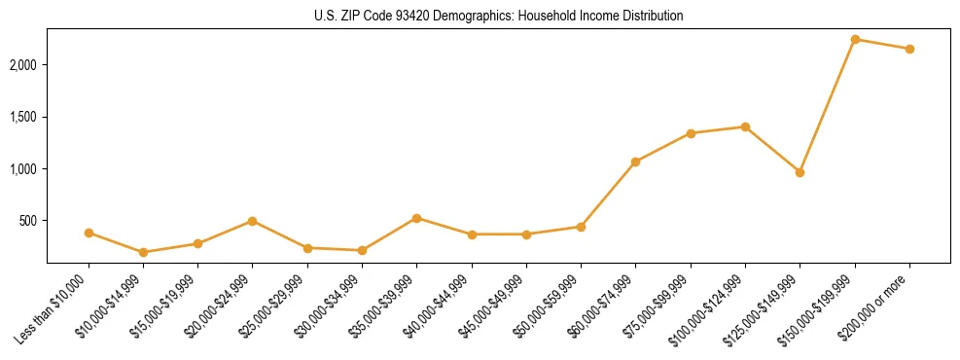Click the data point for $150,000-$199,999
coord(855,39)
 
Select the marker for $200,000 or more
coord(909,49)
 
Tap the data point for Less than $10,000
coord(89,233)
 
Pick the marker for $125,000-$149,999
coord(800,172)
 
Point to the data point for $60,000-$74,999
coord(635,162)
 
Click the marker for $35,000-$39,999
coord(416,218)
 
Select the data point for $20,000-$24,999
coord(252,221)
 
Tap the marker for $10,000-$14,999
coord(143,252)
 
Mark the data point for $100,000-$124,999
coord(745,126)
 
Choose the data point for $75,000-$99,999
coord(691,133)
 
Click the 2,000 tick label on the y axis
coord(24,65)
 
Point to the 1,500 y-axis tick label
coord(24,117)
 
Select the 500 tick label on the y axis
coord(29,221)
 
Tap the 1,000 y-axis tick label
coord(24,169)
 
